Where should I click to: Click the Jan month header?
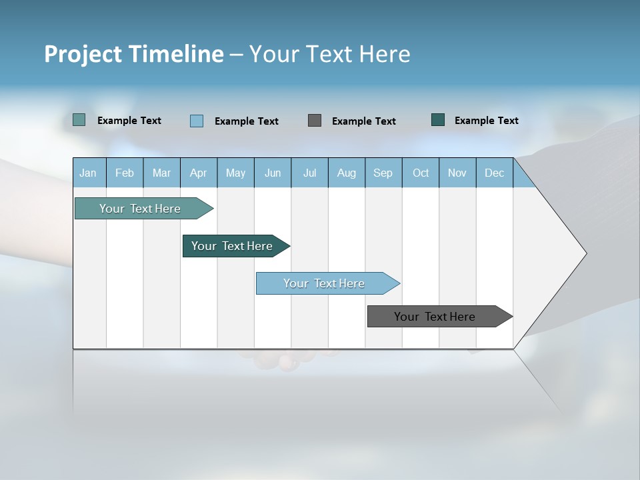[89, 173]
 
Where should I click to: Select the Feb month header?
[125, 173]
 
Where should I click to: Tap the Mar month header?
[161, 173]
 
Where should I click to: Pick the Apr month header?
[199, 173]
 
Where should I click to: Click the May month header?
[235, 173]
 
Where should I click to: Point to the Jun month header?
[273, 173]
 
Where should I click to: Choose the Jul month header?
[309, 173]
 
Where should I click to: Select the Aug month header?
[347, 173]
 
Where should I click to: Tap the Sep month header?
[383, 173]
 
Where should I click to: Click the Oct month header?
[421, 173]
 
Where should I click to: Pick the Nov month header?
[457, 173]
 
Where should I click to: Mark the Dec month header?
[495, 173]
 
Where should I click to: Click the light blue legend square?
[197, 121]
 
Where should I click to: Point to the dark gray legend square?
[315, 120]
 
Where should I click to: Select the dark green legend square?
[438, 120]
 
